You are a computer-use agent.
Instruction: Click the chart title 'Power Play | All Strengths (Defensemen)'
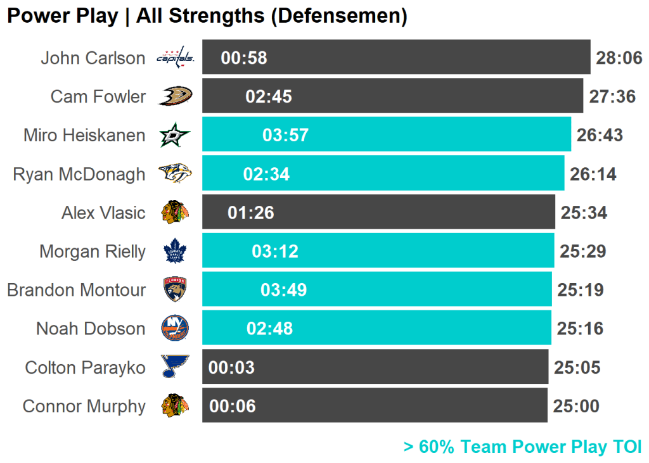tap(207, 16)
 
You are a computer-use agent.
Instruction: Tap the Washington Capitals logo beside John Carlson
tap(176, 58)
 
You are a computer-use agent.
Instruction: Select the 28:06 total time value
tap(619, 58)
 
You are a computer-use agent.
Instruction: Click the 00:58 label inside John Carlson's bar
tap(244, 58)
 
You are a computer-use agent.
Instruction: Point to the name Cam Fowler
tap(98, 96)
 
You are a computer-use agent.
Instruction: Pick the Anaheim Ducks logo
tap(176, 96)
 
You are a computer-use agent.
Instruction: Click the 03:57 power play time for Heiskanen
tap(285, 135)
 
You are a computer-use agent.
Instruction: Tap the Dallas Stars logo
tap(174, 135)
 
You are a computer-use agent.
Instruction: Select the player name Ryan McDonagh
tap(79, 174)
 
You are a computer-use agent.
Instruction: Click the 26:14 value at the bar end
tap(593, 174)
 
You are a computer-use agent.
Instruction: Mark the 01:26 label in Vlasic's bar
tap(251, 213)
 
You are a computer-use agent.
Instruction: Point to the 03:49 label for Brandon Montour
tap(283, 290)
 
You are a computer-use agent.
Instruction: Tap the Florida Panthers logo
tap(175, 289)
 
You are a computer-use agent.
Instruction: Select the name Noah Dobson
tap(91, 329)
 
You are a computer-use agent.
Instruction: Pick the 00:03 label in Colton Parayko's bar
tap(231, 367)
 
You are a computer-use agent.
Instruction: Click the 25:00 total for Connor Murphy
tap(575, 406)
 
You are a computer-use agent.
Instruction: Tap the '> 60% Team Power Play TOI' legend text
tap(522, 447)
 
